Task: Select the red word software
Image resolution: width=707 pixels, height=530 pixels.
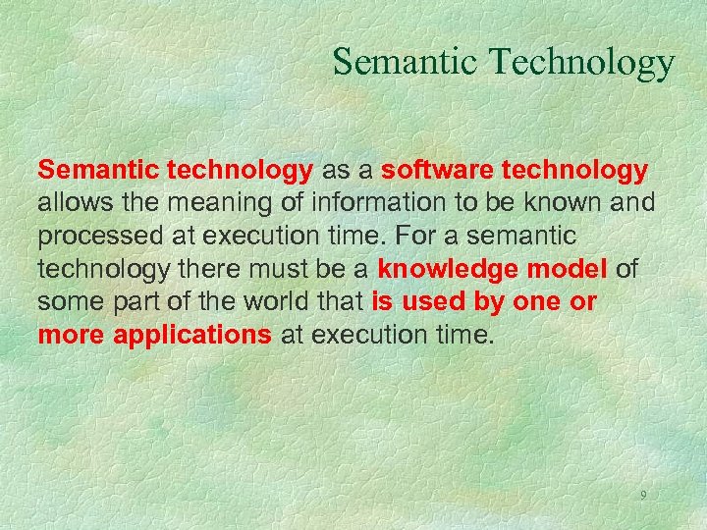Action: (x=438, y=170)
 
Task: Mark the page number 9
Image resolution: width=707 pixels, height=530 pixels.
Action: (x=643, y=495)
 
